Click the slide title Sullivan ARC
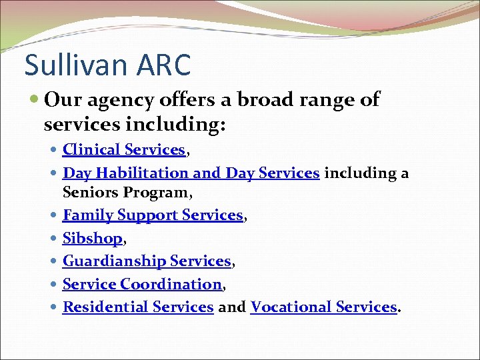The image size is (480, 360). point(107,65)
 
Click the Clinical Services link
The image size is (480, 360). point(123,150)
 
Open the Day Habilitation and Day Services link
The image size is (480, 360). point(191,173)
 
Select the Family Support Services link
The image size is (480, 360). point(153,215)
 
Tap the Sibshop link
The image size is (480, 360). point(92,238)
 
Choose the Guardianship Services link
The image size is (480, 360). point(147,261)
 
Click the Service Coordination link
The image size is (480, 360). point(142,284)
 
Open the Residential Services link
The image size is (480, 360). point(138,307)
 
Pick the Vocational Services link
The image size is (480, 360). point(323,307)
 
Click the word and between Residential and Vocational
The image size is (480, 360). point(232,307)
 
